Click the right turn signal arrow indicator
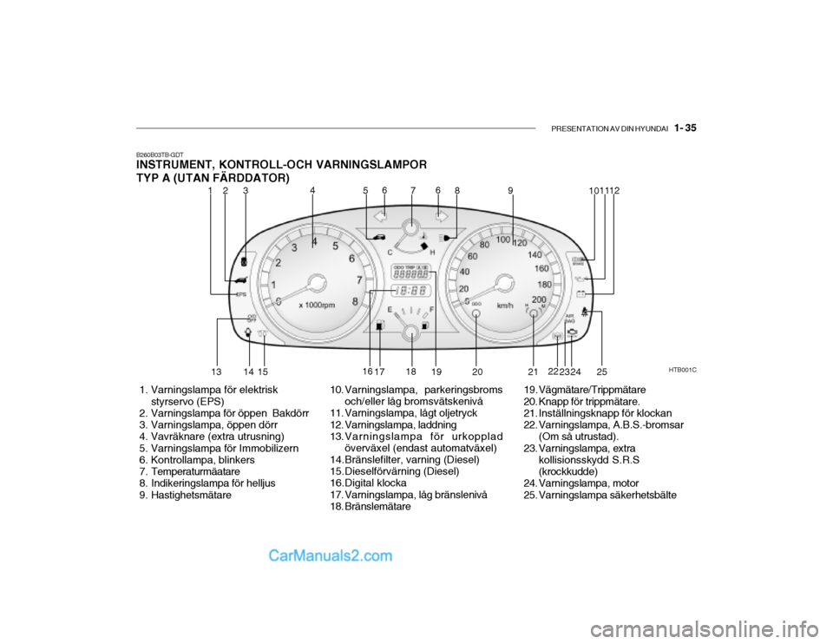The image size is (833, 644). pyautogui.click(x=441, y=214)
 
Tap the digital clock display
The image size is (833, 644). pyautogui.click(x=411, y=291)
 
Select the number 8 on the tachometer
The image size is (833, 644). pyautogui.click(x=355, y=300)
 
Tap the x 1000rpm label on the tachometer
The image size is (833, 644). pyautogui.click(x=317, y=305)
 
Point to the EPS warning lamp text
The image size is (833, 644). pyautogui.click(x=241, y=295)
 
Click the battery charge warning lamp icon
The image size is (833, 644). pyautogui.click(x=580, y=293)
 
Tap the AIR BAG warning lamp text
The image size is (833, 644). pyautogui.click(x=569, y=318)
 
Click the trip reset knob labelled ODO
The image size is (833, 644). pyautogui.click(x=476, y=313)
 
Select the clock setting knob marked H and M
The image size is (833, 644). pyautogui.click(x=534, y=313)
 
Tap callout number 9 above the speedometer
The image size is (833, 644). pyautogui.click(x=512, y=189)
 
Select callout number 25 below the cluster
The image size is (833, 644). pyautogui.click(x=601, y=371)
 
